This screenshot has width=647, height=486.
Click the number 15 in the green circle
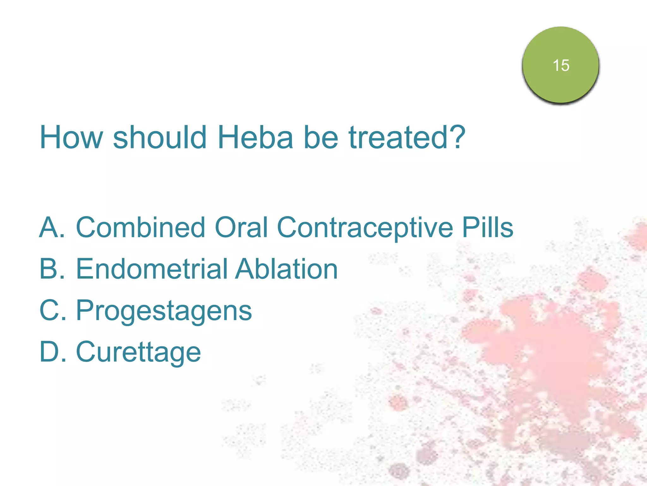pos(561,65)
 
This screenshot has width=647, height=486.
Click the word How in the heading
pos(71,137)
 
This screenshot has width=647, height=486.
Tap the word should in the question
pos(160,137)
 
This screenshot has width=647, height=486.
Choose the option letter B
pos(51,269)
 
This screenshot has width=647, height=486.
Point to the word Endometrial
pos(152,269)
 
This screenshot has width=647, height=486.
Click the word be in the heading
pos(321,137)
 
